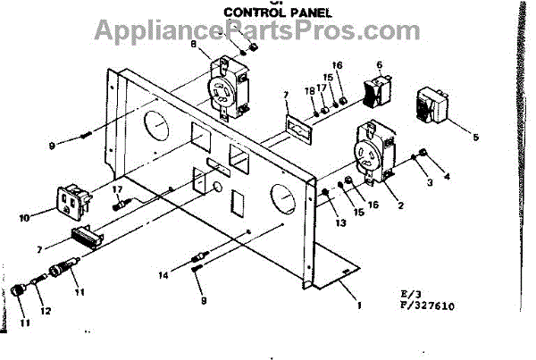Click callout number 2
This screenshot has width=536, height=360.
(x=400, y=205)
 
